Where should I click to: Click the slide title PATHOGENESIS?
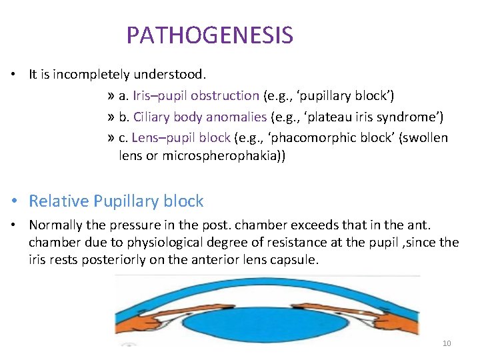click(209, 35)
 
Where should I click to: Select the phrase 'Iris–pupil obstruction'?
click(195, 96)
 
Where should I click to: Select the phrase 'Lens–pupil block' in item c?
click(181, 138)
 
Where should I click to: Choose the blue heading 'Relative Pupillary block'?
click(116, 201)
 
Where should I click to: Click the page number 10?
click(447, 343)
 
